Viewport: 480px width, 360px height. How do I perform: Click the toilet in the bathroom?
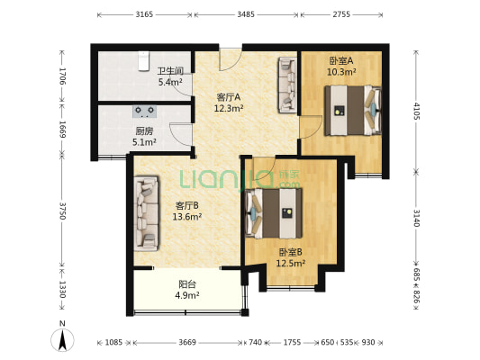[x=143, y=61]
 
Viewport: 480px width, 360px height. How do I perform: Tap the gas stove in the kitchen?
[x=144, y=112]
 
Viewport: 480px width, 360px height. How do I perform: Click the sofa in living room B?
[x=147, y=213]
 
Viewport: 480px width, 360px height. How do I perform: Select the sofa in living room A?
[x=287, y=85]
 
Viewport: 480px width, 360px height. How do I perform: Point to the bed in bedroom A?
[x=353, y=111]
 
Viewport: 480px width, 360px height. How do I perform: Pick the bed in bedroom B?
[x=274, y=213]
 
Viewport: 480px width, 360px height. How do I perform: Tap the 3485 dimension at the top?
[x=246, y=14]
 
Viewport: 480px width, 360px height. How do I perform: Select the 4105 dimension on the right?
[x=416, y=112]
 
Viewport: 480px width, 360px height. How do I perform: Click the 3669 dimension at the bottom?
[x=187, y=342]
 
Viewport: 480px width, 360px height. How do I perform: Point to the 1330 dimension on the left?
[x=62, y=289]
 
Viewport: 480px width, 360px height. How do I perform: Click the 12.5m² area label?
[x=291, y=264]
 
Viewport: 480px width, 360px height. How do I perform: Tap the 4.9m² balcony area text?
[x=188, y=295]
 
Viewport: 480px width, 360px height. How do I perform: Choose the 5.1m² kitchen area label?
[x=144, y=142]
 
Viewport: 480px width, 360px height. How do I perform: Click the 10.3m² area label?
[x=341, y=72]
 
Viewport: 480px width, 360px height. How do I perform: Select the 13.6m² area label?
[x=186, y=217]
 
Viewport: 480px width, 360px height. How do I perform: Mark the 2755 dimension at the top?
[x=341, y=14]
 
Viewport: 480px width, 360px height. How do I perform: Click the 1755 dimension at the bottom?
[x=292, y=342]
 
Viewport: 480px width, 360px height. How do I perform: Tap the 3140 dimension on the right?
[x=416, y=218]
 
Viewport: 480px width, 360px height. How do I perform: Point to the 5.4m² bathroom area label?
[x=170, y=82]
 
